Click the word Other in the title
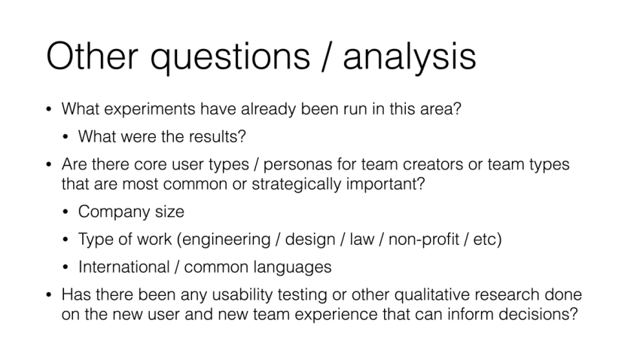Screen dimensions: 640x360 93,56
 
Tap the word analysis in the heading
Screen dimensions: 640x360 410,58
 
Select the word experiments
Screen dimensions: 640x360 149,109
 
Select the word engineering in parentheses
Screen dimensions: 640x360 226,240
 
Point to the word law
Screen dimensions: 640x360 361,239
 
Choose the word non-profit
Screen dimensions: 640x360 424,239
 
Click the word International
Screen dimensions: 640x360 123,267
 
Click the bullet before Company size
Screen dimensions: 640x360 66,212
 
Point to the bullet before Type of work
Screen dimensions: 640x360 66,240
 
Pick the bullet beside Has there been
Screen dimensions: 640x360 49,295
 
